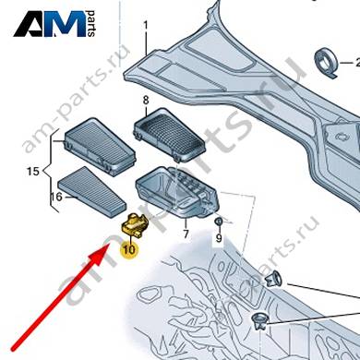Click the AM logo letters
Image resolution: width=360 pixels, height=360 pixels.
pyautogui.click(x=50, y=24)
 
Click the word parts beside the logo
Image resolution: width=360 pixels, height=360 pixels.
pyautogui.click(x=91, y=24)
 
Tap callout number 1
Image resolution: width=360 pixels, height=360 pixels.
pyautogui.click(x=146, y=25)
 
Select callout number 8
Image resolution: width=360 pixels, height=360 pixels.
pyautogui.click(x=146, y=101)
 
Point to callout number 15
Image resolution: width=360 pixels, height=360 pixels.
pyautogui.click(x=33, y=171)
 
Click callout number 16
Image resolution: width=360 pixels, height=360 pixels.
pyautogui.click(x=56, y=197)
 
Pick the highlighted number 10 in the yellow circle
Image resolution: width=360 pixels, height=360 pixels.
pyautogui.click(x=129, y=249)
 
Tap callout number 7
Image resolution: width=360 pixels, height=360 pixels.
pyautogui.click(x=186, y=234)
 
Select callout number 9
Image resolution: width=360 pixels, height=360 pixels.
pyautogui.click(x=219, y=237)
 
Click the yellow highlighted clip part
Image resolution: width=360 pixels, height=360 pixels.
pyautogui.click(x=135, y=225)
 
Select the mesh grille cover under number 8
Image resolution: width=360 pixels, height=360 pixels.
pyautogui.click(x=169, y=135)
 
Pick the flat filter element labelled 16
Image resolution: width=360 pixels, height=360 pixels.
pyautogui.click(x=91, y=192)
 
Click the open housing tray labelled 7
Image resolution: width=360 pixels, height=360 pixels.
pyautogui.click(x=177, y=192)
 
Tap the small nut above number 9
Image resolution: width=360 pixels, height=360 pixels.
pyautogui.click(x=218, y=222)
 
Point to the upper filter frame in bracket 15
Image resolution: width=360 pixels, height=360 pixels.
pyautogui.click(x=100, y=147)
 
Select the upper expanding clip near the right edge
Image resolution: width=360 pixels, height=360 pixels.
pyautogui.click(x=273, y=279)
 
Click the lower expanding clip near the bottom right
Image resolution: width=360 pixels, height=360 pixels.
pyautogui.click(x=259, y=321)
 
